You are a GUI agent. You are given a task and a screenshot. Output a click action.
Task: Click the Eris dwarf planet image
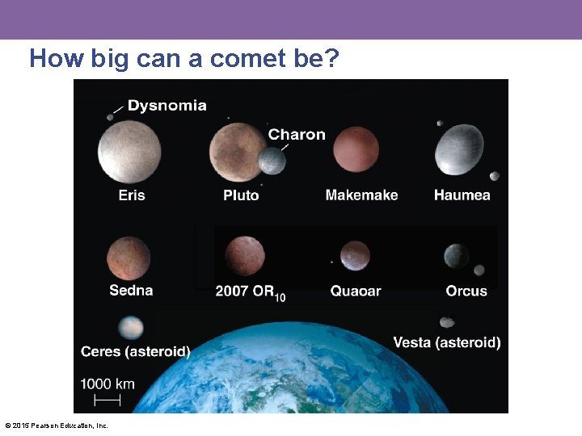(x=129, y=151)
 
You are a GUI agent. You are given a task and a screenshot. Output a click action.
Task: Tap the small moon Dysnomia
(x=110, y=117)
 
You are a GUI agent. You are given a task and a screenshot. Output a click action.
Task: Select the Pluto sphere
(x=237, y=152)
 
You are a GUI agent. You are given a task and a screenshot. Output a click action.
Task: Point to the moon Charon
(x=272, y=161)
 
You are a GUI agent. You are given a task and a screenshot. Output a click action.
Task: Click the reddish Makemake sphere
(x=356, y=149)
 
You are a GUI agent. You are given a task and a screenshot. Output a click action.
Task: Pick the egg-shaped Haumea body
(x=459, y=150)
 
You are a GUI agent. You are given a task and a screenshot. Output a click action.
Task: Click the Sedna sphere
(x=129, y=258)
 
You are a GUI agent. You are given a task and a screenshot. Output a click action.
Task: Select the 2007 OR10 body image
(x=245, y=256)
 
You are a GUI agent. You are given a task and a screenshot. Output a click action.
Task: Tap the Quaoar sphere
(x=355, y=256)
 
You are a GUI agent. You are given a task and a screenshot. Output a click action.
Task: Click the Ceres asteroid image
(x=131, y=327)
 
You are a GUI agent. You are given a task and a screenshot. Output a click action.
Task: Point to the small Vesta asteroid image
(x=447, y=323)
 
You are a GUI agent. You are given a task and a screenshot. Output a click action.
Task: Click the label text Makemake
(x=361, y=195)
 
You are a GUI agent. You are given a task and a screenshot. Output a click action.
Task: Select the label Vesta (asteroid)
(x=446, y=342)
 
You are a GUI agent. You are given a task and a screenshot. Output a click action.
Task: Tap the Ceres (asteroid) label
(x=136, y=351)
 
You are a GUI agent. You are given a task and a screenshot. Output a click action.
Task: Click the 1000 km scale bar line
(x=108, y=400)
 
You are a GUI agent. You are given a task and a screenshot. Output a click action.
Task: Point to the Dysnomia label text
(x=167, y=106)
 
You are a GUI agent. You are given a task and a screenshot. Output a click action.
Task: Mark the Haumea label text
(x=462, y=195)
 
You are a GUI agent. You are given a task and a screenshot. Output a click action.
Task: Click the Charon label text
(x=297, y=134)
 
